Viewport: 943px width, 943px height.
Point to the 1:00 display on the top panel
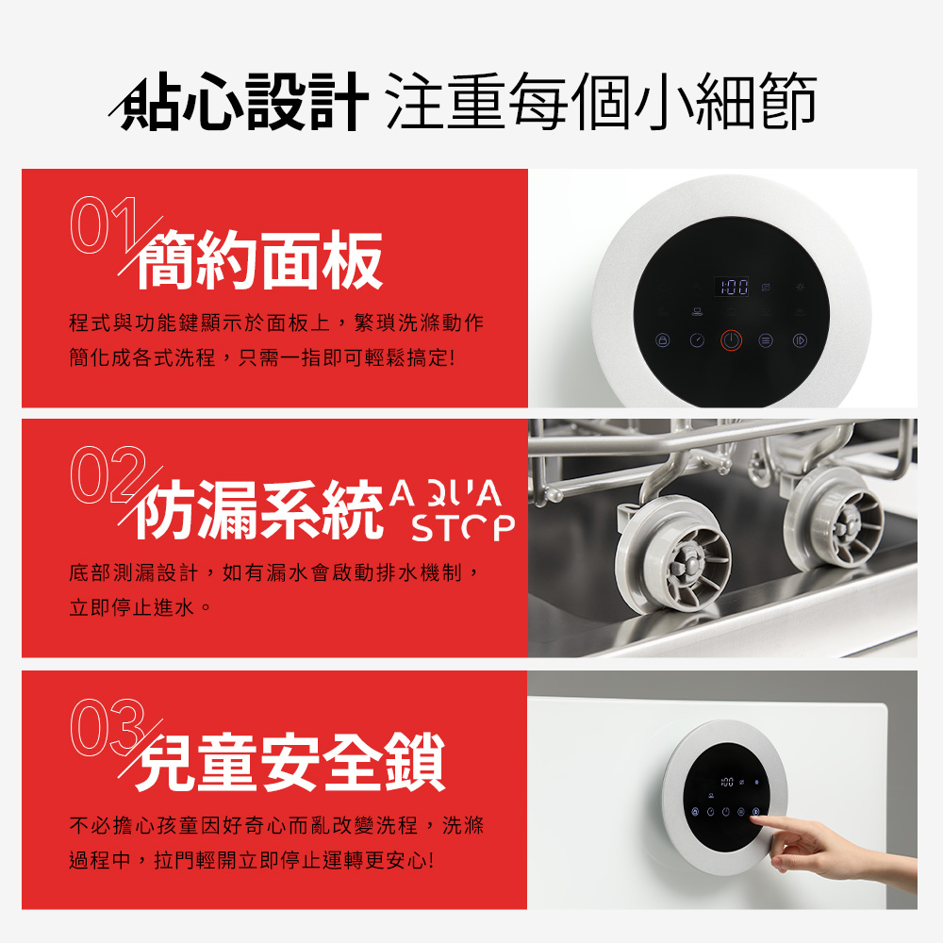731,285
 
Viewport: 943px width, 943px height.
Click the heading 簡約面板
260,261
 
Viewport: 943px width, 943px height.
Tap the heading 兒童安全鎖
290,763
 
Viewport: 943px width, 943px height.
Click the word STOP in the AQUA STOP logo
463,529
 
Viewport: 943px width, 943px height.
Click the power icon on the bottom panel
726,811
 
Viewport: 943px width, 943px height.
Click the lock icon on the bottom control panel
697,811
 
